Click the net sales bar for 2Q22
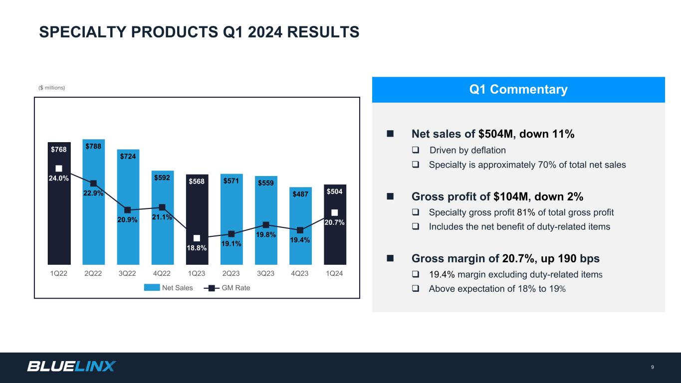(x=93, y=224)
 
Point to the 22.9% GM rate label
(x=93, y=193)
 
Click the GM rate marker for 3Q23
(x=266, y=225)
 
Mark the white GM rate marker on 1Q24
(x=335, y=212)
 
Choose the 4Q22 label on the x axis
(x=162, y=274)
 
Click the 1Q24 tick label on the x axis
(x=334, y=274)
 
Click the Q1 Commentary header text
(x=518, y=90)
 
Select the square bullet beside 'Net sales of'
(x=390, y=134)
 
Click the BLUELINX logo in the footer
(x=71, y=367)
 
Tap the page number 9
(x=653, y=368)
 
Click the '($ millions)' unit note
(x=52, y=88)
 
